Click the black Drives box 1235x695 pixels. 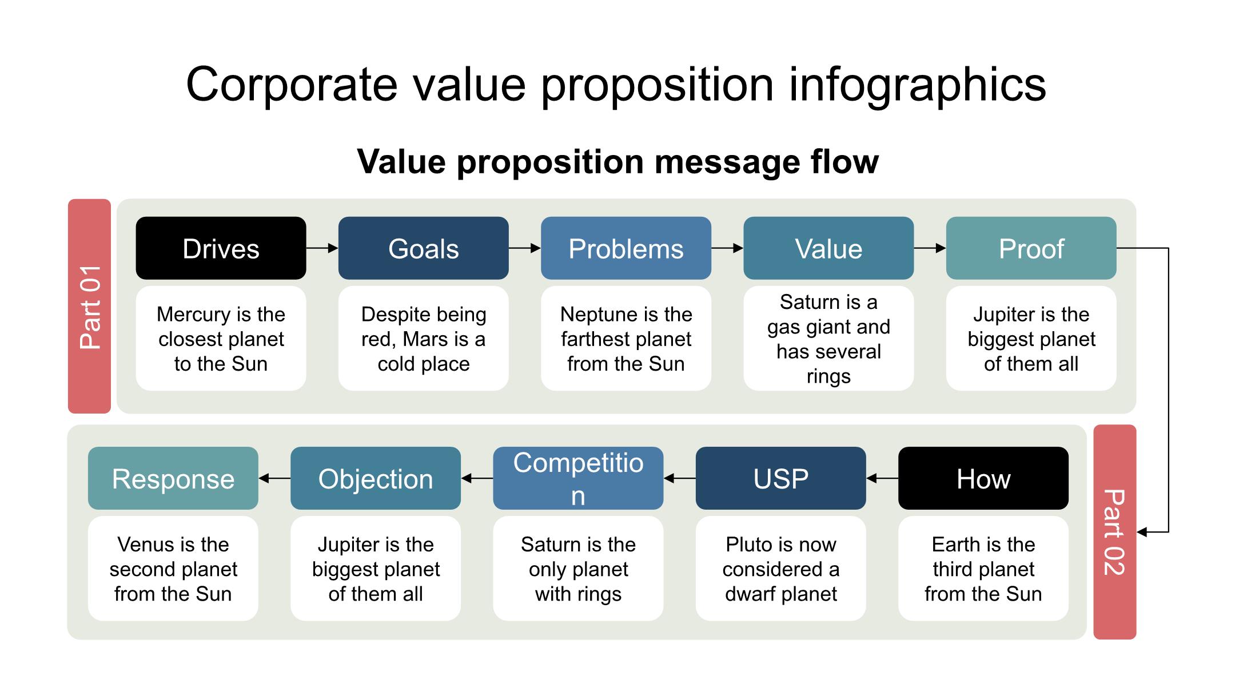[x=221, y=248]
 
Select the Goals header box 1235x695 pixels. [x=423, y=248]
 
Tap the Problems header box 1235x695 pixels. [x=626, y=248]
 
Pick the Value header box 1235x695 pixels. [x=828, y=248]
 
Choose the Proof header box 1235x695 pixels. [x=1031, y=248]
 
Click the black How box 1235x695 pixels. [x=983, y=478]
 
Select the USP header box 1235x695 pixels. [x=780, y=478]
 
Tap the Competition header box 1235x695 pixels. [x=578, y=478]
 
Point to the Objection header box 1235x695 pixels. [x=375, y=478]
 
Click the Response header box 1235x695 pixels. [x=173, y=478]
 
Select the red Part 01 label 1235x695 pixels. [x=89, y=306]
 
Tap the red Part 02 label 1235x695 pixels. [x=1114, y=531]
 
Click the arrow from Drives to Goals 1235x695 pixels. [x=322, y=248]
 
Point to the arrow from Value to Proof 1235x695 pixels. [x=930, y=248]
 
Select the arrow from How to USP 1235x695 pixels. [x=882, y=478]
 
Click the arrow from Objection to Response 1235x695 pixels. [x=274, y=478]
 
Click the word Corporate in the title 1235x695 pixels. [x=291, y=85]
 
